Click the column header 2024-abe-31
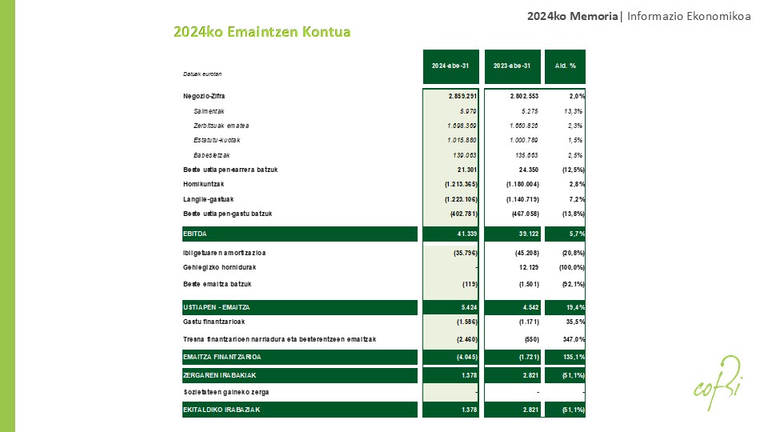tap(450, 66)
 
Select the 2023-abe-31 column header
tap(512, 66)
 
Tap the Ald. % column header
tap(566, 66)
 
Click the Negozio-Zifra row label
tap(204, 96)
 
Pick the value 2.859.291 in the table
tap(462, 96)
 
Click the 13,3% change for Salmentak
tap(574, 111)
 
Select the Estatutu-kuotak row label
tap(217, 140)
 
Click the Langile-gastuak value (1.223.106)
tap(462, 199)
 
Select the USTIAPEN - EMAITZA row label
tap(217, 307)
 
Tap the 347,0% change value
tap(573, 339)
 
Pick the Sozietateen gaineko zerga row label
tap(226, 392)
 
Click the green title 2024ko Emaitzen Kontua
tap(262, 32)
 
